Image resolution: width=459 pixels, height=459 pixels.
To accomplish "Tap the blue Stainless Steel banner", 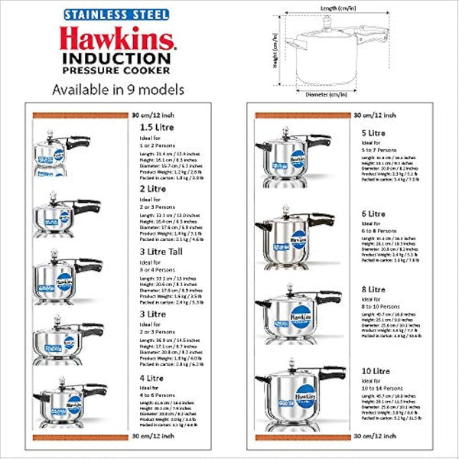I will point(116,13).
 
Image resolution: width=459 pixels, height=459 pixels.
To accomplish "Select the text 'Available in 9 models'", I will point(116,89).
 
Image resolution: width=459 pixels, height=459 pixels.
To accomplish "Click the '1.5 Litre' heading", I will point(156,128).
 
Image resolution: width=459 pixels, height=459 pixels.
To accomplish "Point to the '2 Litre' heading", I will point(152,188).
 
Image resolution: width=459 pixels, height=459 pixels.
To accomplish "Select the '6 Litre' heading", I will point(373,213).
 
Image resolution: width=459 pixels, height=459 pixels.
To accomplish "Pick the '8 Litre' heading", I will point(373,290).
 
